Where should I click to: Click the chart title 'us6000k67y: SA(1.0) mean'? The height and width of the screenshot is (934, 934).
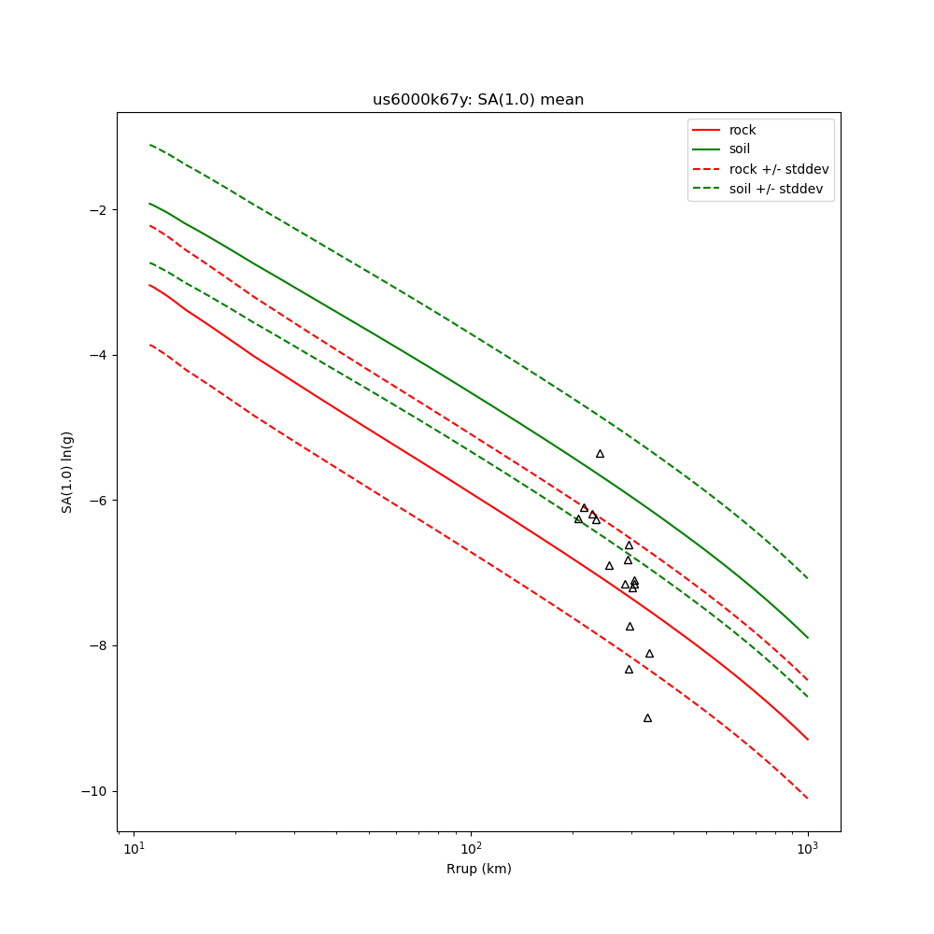point(478,100)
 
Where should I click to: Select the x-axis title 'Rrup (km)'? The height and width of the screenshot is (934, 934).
point(478,869)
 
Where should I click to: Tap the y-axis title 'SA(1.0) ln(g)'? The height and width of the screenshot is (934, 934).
point(67,472)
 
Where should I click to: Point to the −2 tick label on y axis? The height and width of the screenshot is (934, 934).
point(97,209)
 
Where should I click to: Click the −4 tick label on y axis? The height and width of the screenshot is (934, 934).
point(97,355)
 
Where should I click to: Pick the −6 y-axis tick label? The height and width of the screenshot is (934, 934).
point(97,501)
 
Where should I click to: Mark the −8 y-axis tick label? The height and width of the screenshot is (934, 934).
point(97,645)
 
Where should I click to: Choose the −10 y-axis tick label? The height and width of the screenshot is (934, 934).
point(93,791)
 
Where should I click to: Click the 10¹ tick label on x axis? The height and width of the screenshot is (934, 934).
point(134,849)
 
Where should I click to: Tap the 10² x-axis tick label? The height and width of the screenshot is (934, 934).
point(471,849)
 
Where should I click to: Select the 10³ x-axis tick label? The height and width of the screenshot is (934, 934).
point(807,849)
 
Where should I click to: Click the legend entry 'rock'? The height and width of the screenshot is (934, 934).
point(743,130)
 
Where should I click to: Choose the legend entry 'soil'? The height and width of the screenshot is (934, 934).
point(739,149)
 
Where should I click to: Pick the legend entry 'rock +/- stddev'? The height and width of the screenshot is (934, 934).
point(778,169)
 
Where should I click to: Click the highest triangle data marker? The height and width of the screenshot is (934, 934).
point(600,454)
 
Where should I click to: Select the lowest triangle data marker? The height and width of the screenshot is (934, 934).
point(647,718)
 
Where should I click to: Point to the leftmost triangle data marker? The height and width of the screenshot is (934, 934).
point(578,519)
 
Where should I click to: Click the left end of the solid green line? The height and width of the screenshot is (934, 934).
point(149,204)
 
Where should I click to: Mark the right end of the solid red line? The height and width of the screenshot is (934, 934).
point(808,740)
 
